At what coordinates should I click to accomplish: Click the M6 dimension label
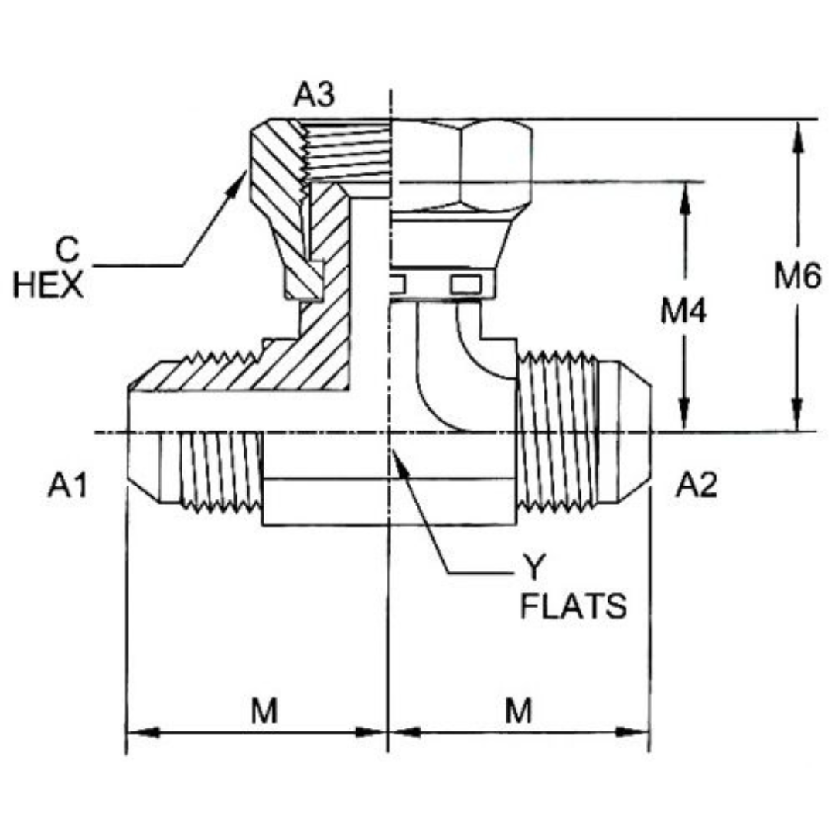797,277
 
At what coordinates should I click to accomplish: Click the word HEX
49,286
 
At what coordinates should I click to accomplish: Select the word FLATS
573,606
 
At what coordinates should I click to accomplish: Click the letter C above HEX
68,250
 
